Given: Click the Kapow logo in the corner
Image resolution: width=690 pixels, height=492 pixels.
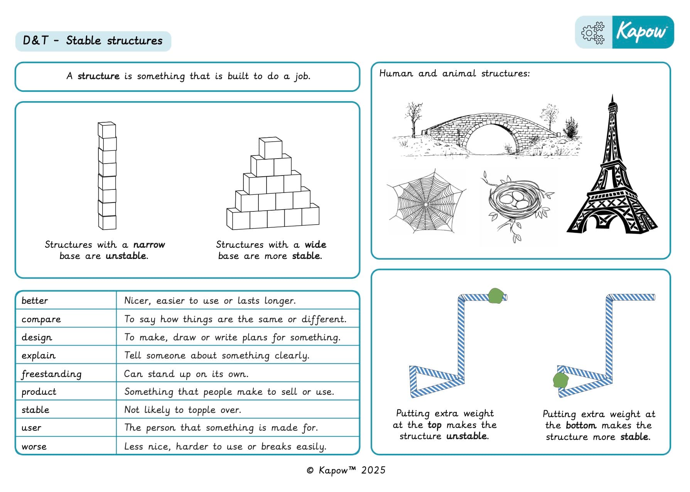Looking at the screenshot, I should click(x=642, y=32).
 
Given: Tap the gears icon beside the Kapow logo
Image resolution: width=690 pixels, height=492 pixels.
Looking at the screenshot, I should click(x=593, y=32).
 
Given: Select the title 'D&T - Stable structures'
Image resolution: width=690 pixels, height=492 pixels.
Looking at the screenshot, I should click(x=93, y=41).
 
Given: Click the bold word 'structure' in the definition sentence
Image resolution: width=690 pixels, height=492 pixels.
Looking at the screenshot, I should click(x=98, y=76).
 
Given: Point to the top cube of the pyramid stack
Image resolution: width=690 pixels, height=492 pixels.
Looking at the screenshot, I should click(x=270, y=147).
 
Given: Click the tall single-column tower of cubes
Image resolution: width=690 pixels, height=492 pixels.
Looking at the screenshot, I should click(x=107, y=176).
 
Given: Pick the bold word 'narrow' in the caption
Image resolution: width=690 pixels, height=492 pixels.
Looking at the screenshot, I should click(x=149, y=245).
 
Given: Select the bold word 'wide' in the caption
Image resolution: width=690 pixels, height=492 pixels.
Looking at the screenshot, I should click(x=315, y=245).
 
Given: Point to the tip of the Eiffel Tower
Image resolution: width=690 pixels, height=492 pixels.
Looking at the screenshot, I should click(x=612, y=96).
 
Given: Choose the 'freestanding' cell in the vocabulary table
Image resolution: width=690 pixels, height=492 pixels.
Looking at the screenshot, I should click(x=52, y=374).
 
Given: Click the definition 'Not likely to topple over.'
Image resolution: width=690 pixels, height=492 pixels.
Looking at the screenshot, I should click(x=182, y=410).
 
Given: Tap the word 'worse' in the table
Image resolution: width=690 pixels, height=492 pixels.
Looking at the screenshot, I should click(x=34, y=446).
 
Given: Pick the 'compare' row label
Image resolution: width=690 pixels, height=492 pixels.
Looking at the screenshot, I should click(x=41, y=319).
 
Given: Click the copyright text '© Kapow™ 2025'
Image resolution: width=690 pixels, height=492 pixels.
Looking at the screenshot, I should click(x=346, y=470).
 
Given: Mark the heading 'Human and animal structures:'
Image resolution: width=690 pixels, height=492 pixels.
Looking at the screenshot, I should click(x=454, y=73).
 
